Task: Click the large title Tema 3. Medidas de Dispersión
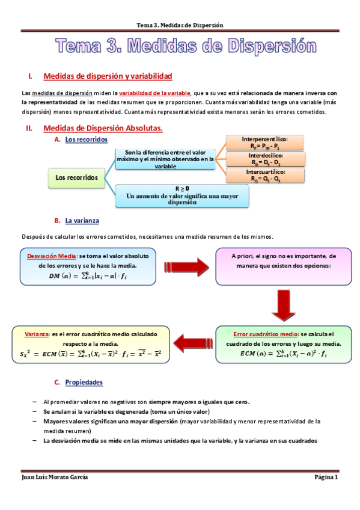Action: pyautogui.click(x=186, y=46)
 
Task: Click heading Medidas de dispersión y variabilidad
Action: pyautogui.click(x=108, y=76)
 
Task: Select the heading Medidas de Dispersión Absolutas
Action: pyautogui.click(x=103, y=128)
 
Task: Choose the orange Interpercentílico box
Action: pyautogui.click(x=264, y=143)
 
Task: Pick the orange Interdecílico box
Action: pyautogui.click(x=264, y=159)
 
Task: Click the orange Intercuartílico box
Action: pyautogui.click(x=264, y=175)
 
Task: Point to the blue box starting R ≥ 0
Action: pyautogui.click(x=182, y=195)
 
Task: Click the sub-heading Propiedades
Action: pyautogui.click(x=84, y=382)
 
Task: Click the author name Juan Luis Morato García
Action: pyautogui.click(x=54, y=477)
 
